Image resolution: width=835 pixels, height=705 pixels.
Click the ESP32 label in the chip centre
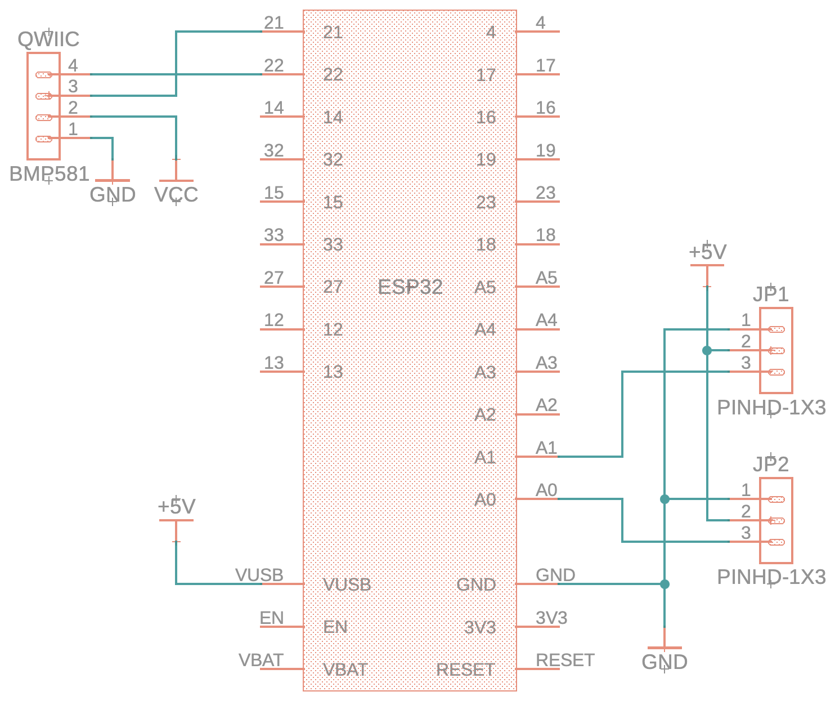[410, 287]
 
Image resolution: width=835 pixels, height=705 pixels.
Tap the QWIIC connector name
[48, 39]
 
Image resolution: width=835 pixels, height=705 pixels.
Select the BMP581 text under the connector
[50, 174]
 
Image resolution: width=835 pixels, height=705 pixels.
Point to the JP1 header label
[770, 294]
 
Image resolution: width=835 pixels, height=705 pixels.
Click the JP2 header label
[770, 464]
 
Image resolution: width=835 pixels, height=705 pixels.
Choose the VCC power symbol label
[176, 195]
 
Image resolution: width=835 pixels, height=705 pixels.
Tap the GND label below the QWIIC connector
[113, 195]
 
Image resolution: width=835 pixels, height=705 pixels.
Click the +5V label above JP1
[707, 252]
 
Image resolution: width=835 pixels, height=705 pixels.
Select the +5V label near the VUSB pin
[176, 507]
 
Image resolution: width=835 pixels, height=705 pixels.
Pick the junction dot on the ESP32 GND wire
[665, 584]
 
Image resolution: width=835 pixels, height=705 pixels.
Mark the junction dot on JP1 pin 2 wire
[707, 350]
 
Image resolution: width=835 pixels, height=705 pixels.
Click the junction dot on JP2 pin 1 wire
[665, 499]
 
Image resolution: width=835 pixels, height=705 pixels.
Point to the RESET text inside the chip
[465, 670]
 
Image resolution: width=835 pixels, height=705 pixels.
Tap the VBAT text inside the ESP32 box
[345, 670]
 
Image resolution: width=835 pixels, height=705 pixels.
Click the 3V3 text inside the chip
[480, 627]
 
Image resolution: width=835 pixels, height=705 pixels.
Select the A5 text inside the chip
[485, 287]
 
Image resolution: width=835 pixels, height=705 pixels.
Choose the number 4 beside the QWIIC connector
[73, 66]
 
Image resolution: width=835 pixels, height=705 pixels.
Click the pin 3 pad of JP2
[776, 542]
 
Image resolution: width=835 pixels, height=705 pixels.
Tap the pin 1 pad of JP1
[776, 329]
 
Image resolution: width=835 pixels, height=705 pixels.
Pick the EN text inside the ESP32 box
[335, 627]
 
